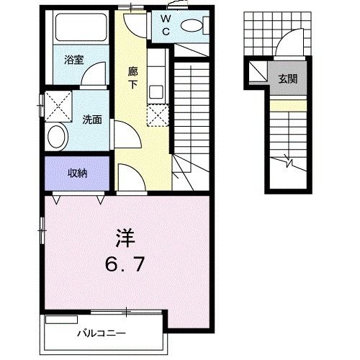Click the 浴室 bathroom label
[74, 60]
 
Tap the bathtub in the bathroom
[81, 27]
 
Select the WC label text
[166, 25]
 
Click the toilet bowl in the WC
[192, 26]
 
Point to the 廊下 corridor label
[132, 78]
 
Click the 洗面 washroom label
[92, 120]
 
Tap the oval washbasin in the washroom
[57, 136]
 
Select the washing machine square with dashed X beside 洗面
[58, 106]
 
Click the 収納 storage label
[77, 173]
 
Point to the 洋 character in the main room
[125, 238]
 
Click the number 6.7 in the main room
[125, 264]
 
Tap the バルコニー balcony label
[102, 333]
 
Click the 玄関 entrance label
[288, 78]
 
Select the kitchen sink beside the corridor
[156, 92]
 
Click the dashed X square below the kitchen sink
[158, 115]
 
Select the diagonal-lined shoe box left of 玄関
[258, 71]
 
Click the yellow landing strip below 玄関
[288, 106]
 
